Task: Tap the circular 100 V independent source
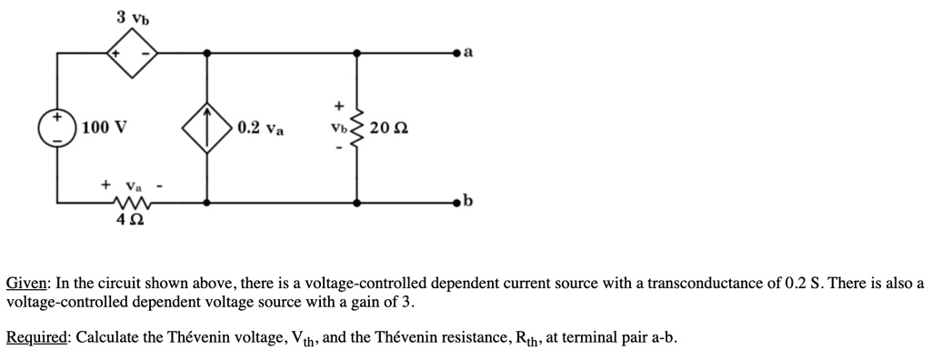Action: [x=56, y=127]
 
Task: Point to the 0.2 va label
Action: [x=260, y=128]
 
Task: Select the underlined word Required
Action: [x=36, y=338]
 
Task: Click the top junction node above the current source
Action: [x=207, y=55]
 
